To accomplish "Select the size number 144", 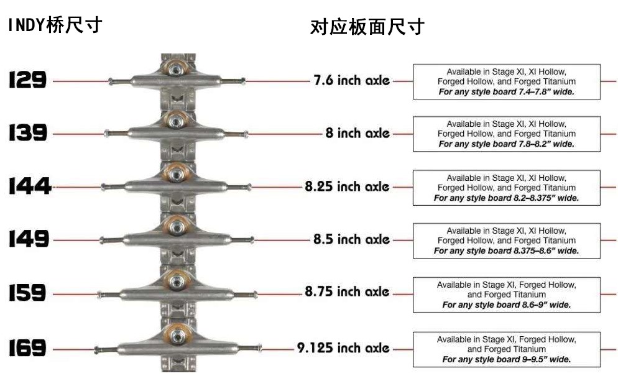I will [29, 186].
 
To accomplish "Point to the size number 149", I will [29, 239].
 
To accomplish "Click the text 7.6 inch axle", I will [352, 80].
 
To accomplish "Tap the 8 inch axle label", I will [357, 133].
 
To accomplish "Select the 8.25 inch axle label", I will [347, 186].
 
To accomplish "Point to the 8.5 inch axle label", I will [351, 239].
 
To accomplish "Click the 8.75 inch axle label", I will [347, 291].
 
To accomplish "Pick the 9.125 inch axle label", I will [343, 348].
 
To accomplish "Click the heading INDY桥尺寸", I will [55, 26].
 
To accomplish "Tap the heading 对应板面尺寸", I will [367, 27].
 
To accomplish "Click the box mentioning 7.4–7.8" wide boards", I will [506, 81].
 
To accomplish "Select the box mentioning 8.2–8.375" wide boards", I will [506, 188].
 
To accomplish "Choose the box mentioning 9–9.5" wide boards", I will [506, 349].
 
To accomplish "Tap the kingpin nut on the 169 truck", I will [177, 335].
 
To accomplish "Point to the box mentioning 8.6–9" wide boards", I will [506, 295].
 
